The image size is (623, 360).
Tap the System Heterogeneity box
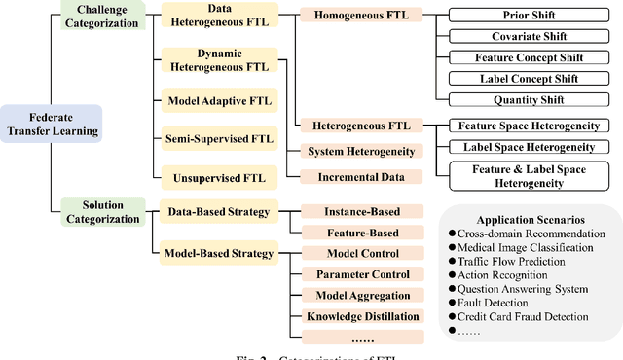(x=362, y=152)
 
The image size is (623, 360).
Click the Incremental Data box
(x=362, y=176)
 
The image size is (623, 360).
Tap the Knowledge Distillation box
(x=362, y=316)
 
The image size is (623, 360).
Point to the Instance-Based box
(x=362, y=211)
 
